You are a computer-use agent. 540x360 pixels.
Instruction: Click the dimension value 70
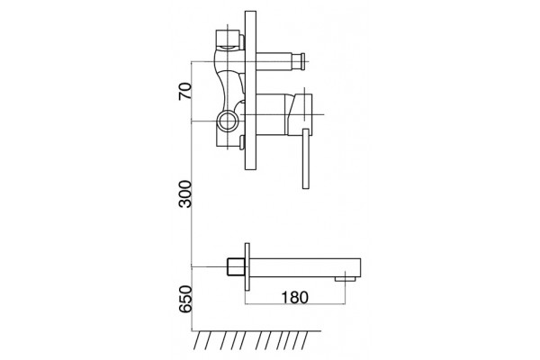point(184,91)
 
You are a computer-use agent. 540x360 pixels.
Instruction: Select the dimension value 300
point(184,193)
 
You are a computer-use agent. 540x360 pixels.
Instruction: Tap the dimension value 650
point(184,299)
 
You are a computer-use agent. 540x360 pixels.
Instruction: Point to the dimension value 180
point(295,297)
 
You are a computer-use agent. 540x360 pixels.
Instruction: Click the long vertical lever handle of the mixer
point(305,158)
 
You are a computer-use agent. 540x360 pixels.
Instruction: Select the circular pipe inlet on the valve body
point(227,121)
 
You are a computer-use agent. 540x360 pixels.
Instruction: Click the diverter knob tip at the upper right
point(302,61)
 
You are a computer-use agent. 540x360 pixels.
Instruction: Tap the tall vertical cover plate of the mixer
point(250,90)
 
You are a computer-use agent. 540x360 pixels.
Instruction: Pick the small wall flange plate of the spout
point(247,267)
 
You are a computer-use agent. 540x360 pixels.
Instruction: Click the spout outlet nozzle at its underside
point(346,278)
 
